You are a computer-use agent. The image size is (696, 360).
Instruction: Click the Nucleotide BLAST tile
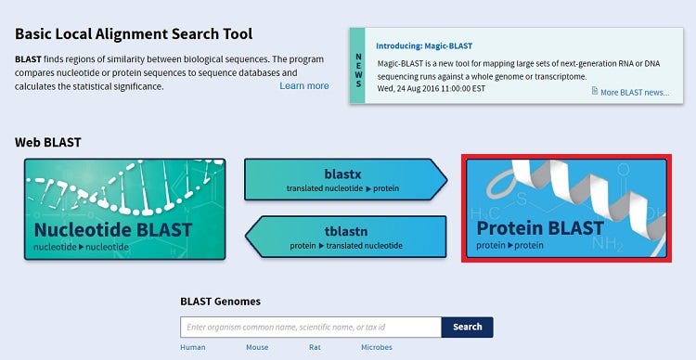(124, 209)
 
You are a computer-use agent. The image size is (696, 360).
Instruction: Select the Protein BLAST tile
(566, 208)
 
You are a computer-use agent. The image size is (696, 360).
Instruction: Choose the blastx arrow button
(346, 179)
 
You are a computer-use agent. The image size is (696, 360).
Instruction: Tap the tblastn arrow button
(346, 237)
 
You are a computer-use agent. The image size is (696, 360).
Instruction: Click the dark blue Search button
(468, 328)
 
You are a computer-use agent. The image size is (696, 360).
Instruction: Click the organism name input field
(311, 328)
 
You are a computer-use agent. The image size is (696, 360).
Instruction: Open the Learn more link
(304, 86)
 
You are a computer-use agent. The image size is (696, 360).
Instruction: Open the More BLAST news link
(635, 93)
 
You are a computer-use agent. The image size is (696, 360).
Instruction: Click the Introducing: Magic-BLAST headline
(424, 45)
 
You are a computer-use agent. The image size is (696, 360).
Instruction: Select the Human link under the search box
(193, 347)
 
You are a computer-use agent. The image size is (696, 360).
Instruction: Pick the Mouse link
(257, 347)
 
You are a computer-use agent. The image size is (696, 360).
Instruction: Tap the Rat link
(315, 347)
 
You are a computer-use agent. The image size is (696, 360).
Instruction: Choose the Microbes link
(377, 347)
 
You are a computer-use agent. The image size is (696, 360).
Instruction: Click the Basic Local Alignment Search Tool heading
(134, 34)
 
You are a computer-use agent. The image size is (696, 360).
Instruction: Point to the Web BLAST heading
(48, 143)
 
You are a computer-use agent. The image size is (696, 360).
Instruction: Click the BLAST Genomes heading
(221, 302)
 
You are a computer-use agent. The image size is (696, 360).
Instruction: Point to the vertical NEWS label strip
(358, 66)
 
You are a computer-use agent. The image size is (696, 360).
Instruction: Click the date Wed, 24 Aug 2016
(408, 88)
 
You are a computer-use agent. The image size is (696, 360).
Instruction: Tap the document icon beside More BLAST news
(595, 91)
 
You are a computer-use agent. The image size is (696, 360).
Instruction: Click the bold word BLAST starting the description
(28, 59)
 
